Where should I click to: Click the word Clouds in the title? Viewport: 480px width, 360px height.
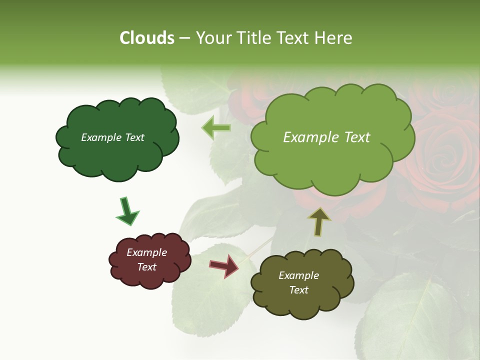click(146, 38)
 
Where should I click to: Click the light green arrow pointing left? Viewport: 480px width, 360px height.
click(216, 128)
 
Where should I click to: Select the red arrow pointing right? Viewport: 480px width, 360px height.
click(225, 265)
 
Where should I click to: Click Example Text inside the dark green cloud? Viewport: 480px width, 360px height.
click(112, 137)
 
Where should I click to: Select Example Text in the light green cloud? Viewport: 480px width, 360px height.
click(326, 137)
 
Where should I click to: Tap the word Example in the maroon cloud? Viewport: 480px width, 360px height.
click(146, 252)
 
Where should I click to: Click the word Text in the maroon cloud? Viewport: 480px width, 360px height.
click(146, 267)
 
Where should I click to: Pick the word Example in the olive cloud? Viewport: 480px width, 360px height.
click(298, 275)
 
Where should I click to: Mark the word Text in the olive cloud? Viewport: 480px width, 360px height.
click(298, 290)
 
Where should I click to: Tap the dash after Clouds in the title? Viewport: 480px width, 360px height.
click(184, 38)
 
